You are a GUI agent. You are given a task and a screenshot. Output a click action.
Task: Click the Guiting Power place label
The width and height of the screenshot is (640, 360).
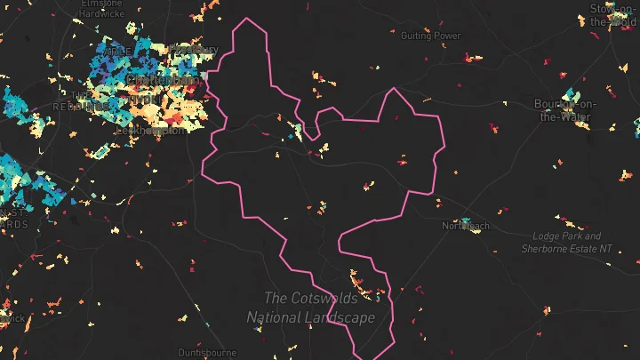(431, 36)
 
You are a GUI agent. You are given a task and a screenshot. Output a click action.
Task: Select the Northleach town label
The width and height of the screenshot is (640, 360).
(466, 226)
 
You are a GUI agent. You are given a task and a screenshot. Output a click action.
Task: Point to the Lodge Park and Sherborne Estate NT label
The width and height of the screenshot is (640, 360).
(567, 242)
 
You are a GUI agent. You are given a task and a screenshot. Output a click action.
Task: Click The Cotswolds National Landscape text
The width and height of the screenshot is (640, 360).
(310, 307)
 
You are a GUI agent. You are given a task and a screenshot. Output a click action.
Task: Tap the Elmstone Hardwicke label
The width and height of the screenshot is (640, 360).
(100, 8)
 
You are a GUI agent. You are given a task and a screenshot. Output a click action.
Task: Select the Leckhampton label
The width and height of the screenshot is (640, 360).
(151, 130)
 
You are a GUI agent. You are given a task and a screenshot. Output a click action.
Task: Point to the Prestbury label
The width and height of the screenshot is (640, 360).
(195, 50)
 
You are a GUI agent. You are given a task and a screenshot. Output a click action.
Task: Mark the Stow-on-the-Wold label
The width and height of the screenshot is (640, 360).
(614, 14)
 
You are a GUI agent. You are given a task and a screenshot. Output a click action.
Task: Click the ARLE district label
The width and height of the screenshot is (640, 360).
(116, 52)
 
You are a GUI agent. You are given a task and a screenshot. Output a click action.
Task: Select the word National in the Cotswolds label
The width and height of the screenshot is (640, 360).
(278, 316)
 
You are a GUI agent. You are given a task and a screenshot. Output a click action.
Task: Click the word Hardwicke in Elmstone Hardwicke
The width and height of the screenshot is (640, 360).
(100, 13)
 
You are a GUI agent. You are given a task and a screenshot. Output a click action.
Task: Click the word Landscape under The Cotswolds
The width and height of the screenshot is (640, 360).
(343, 316)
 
